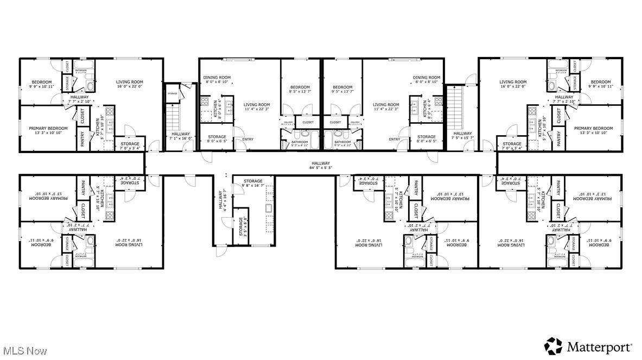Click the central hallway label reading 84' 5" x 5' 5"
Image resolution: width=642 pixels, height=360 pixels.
coord(321,166)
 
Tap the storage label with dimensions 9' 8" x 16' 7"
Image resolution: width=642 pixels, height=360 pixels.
coord(253,184)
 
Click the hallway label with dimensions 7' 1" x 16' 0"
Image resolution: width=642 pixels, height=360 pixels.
coord(181,136)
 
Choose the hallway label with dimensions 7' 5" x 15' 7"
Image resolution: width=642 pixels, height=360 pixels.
coord(462,136)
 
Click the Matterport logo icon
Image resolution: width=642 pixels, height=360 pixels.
coord(554,345)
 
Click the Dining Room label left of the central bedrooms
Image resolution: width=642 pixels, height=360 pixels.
coord(217,80)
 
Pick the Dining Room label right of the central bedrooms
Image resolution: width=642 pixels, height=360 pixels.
coord(427,80)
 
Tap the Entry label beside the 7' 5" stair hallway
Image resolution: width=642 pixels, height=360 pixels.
coord(395,140)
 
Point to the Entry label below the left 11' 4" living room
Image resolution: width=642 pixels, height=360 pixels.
coord(247,140)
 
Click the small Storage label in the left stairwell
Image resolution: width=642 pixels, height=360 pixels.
coord(173,93)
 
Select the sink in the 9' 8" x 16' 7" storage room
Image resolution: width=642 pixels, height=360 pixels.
coord(269,209)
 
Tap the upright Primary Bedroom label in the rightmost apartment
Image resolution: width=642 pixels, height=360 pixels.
coord(593,131)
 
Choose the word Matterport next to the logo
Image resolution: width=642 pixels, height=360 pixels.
coord(599,346)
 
